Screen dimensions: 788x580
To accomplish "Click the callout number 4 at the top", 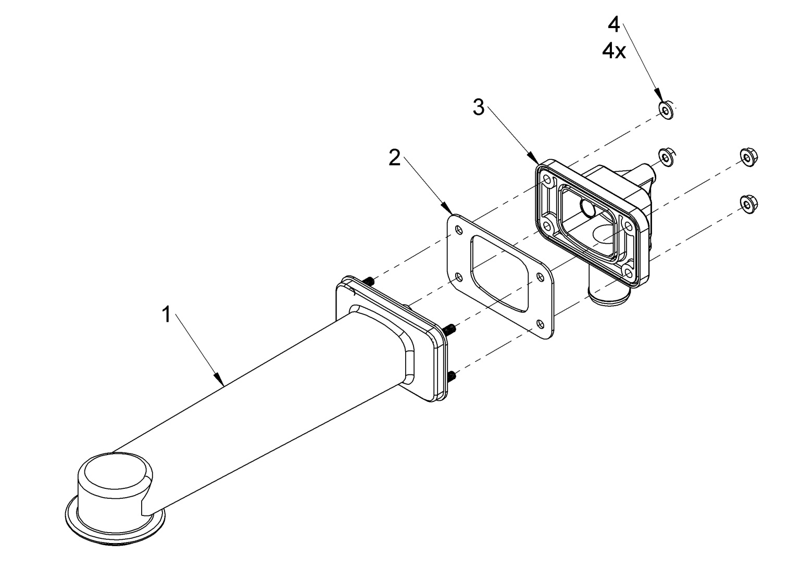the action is coord(614,24).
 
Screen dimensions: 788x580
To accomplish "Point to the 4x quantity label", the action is coord(614,52).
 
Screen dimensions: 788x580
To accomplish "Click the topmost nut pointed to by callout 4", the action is coord(666,111).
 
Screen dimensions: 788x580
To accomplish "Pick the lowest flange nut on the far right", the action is coord(748,204).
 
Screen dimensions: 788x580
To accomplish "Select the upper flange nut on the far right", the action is coord(748,157).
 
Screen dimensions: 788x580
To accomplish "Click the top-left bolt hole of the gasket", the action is coord(458,230).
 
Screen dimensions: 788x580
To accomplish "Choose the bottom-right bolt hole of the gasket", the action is coord(542,324).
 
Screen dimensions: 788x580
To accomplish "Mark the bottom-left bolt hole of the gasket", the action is coord(458,278).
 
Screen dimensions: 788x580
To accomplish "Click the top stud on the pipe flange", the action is coord(368,281).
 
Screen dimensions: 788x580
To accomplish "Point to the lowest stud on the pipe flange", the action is coord(452,376).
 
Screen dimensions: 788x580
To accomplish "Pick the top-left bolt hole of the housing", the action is coord(547,180).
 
